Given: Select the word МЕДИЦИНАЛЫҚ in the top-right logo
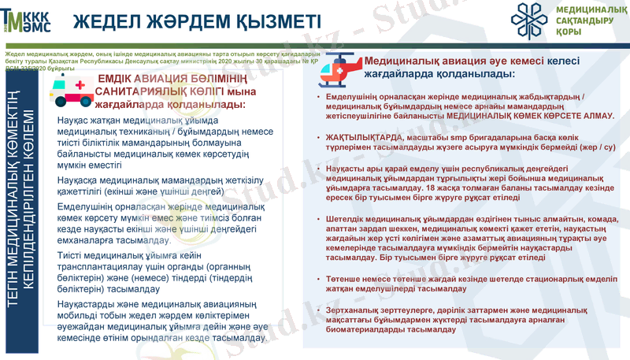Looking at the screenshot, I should (588, 9).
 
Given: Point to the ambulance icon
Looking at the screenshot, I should (70, 88).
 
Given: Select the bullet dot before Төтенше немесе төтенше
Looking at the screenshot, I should (318, 280).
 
